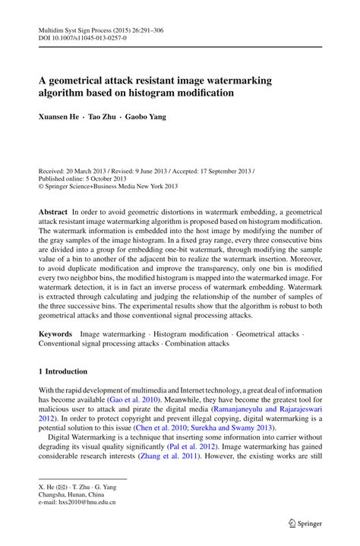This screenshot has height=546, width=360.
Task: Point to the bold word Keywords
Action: tap(55, 333)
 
